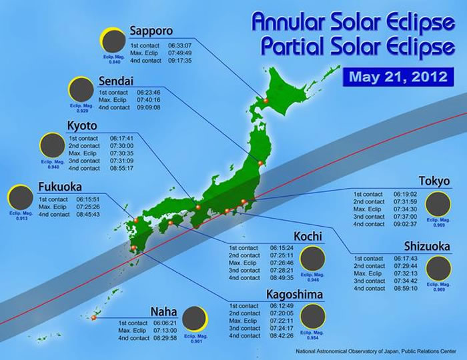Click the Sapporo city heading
point(151,31)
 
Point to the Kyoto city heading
point(83,126)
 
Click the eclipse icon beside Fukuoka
point(21,197)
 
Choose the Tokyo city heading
point(434,181)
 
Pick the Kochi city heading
point(308,237)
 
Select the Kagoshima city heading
point(296,294)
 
